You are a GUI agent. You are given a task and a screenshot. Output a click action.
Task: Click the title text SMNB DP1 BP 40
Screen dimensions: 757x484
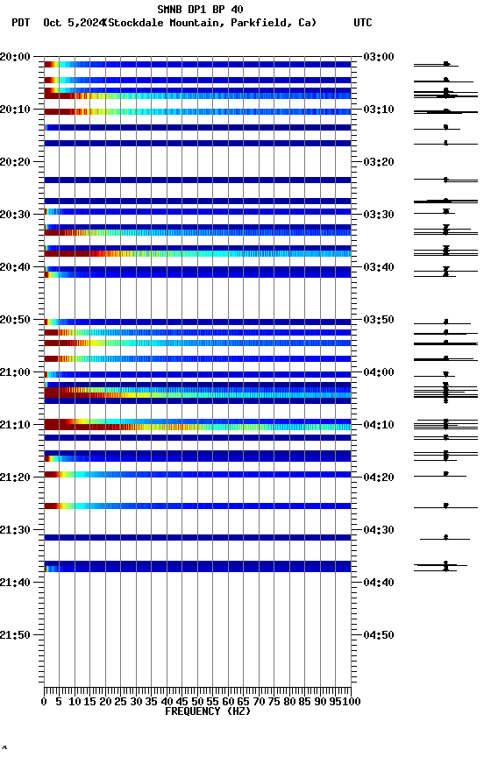(x=200, y=10)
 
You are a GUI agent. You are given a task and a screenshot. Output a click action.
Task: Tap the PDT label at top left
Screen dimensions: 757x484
(x=20, y=23)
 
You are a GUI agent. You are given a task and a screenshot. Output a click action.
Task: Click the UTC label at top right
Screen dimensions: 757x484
(x=362, y=23)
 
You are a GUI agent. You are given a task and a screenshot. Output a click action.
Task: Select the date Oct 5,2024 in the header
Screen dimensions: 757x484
(x=72, y=23)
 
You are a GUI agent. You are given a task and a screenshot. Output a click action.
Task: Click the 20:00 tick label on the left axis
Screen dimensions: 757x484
(x=16, y=57)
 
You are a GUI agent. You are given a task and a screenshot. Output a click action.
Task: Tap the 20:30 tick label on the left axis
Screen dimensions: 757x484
(x=16, y=215)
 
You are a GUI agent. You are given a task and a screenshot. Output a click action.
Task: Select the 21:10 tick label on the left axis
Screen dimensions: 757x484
(x=16, y=425)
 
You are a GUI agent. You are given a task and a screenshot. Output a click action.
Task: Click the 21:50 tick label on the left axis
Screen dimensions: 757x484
(x=16, y=635)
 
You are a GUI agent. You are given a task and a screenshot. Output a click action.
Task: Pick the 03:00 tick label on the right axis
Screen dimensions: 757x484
(x=378, y=57)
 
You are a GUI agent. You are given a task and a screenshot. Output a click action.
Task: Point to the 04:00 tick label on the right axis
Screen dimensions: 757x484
(x=378, y=372)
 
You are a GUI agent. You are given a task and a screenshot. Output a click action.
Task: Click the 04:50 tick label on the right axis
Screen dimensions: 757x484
(x=378, y=635)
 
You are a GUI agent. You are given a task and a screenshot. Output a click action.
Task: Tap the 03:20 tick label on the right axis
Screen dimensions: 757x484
(x=378, y=162)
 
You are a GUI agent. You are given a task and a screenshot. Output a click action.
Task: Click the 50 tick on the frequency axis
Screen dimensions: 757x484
(x=198, y=702)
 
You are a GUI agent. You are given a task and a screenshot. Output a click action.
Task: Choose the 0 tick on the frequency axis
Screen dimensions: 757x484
(x=45, y=702)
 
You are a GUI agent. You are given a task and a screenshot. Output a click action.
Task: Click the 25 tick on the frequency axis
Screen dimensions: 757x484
(x=121, y=702)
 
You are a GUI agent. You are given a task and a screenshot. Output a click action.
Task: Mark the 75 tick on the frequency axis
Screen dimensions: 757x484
(x=274, y=702)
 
